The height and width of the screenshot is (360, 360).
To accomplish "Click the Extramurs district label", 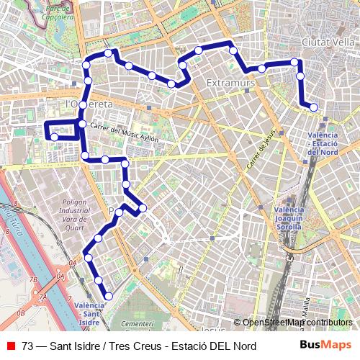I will pos(230,84).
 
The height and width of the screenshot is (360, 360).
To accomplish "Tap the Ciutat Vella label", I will pos(328,42).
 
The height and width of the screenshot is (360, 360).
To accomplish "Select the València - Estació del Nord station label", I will pos(323,143).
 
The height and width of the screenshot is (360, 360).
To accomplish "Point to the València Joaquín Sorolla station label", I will pos(289,217).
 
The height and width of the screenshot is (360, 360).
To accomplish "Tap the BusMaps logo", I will pos(325,346).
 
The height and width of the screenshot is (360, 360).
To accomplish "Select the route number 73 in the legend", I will pos(27,346).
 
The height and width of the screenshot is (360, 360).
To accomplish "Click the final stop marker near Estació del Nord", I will pos(313,107).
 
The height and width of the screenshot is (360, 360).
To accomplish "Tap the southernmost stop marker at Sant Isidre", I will pos(109,295).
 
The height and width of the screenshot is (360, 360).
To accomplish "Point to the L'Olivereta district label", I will pos(90,104).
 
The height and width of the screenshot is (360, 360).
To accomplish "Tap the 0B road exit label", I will pos(20,313).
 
